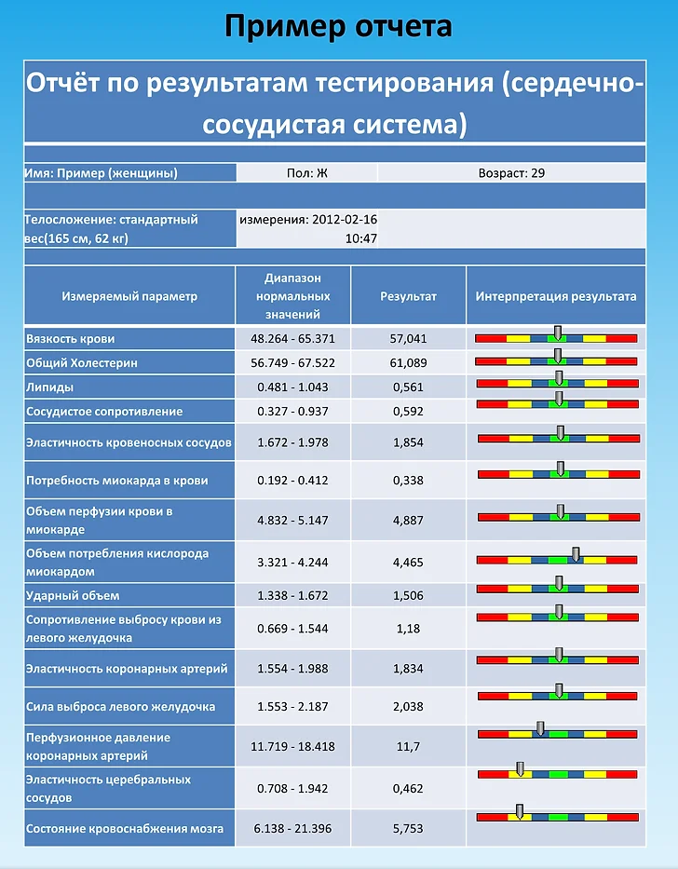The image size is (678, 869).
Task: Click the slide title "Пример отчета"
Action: (x=338, y=26)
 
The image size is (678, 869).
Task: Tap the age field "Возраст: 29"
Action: (x=511, y=173)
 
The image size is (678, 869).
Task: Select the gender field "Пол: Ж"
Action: (x=307, y=173)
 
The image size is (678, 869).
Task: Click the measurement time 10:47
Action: (x=361, y=238)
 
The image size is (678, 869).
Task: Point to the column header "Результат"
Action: (x=408, y=296)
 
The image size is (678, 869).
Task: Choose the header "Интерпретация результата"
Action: (x=555, y=296)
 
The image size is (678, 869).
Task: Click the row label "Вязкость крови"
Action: (x=71, y=339)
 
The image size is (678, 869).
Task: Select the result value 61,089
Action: (x=408, y=363)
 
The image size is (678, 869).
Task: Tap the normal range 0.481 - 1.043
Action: (x=292, y=387)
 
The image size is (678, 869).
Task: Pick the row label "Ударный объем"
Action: (x=73, y=596)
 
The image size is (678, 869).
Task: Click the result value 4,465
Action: (x=408, y=562)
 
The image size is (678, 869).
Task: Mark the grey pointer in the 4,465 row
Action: (x=576, y=554)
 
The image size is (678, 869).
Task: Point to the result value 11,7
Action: (x=408, y=746)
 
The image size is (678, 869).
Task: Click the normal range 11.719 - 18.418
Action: (x=292, y=746)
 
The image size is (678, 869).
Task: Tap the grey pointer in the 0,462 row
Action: (x=520, y=768)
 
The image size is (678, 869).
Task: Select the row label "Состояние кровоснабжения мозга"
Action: (x=125, y=829)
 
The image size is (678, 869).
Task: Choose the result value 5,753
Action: (x=408, y=829)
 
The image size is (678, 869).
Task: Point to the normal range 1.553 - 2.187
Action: (x=292, y=707)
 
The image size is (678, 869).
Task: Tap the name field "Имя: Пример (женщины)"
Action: (x=101, y=173)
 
